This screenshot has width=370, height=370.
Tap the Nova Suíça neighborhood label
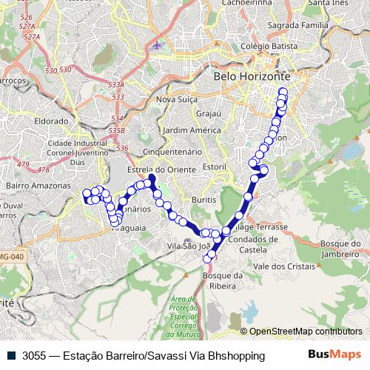[x=175, y=99]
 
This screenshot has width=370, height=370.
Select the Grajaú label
[x=209, y=114]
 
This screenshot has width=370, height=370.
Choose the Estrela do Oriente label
[x=155, y=169]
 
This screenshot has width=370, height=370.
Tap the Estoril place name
[x=213, y=167]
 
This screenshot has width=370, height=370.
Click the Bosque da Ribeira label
[x=223, y=280]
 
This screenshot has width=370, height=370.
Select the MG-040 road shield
[x=10, y=256]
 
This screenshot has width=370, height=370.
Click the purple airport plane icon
[x=156, y=45]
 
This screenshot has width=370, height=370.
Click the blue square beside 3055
[x=13, y=355]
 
